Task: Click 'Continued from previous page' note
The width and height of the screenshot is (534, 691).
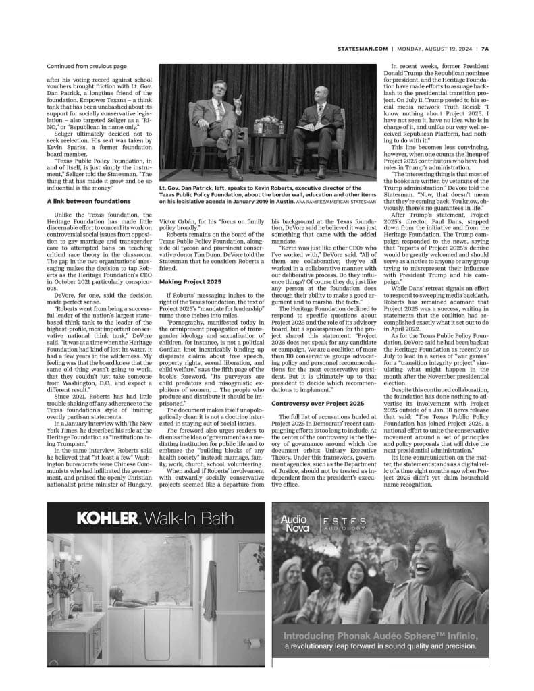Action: (86, 67)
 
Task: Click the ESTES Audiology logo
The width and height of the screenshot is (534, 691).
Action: (344, 524)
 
